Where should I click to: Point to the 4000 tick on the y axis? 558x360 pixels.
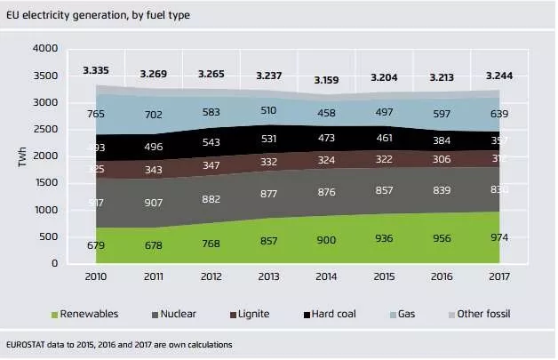point(44,49)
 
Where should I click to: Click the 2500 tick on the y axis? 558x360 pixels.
point(44,130)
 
